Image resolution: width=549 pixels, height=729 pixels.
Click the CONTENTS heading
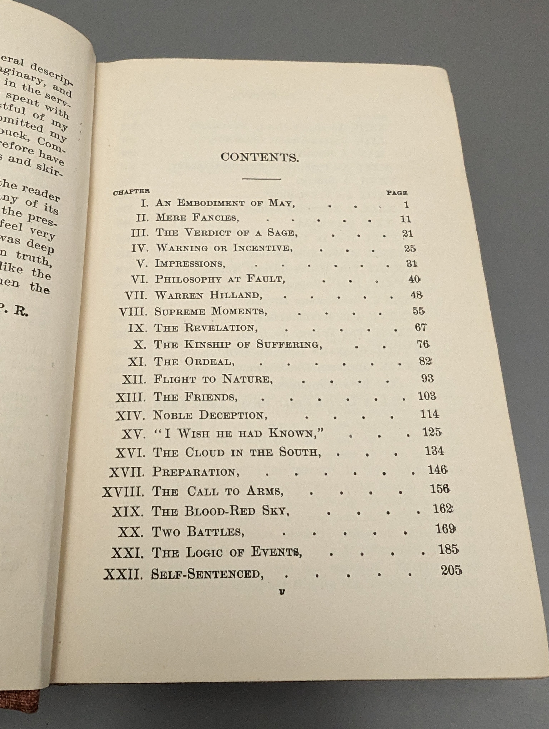coord(260,158)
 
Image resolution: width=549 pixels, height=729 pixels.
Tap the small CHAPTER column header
coord(131,192)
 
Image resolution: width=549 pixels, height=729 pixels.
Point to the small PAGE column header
coord(397,193)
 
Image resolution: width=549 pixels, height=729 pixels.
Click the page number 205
coord(451,570)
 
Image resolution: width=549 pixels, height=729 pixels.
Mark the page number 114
coord(429,414)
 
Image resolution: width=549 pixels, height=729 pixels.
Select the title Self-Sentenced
coord(207,574)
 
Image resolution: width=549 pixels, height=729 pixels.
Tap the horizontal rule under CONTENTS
coord(261,179)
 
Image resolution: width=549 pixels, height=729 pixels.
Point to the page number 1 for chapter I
coord(406,205)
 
